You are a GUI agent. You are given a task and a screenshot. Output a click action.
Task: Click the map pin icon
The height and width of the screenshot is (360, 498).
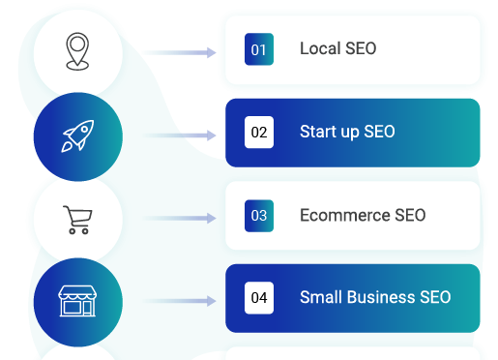coord(77,51)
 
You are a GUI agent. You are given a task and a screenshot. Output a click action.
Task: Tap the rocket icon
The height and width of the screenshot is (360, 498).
coord(78,135)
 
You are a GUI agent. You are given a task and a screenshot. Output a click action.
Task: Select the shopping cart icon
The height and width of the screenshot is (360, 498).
coord(77,220)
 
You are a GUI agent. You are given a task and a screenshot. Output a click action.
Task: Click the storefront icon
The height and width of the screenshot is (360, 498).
coord(77,301)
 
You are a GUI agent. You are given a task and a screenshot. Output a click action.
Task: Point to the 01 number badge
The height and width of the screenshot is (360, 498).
coord(259,49)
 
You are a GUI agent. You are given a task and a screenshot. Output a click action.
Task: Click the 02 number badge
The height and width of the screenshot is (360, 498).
coord(259,133)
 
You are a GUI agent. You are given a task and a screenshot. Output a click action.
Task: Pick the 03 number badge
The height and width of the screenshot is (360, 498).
coord(259,216)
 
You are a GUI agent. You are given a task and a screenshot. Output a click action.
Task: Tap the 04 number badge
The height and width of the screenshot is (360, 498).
coord(259,298)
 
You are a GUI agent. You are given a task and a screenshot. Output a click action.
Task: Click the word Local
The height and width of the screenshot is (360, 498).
coord(320,48)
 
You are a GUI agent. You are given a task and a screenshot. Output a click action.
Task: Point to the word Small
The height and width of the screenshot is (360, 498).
coord(321,297)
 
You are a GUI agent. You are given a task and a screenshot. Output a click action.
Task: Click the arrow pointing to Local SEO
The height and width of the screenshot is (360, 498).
coord(179,52)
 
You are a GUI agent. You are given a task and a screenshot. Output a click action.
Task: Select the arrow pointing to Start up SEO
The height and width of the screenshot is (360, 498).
coord(179,135)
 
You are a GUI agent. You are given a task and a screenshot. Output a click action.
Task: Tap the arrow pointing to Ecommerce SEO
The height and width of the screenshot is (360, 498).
coord(179,219)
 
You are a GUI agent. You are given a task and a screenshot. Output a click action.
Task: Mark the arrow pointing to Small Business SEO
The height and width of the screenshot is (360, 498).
coord(179,301)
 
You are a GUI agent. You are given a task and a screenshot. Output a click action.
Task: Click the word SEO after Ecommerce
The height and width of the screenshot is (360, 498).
coord(410,215)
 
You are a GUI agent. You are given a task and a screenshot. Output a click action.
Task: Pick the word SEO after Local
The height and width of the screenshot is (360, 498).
coord(361,48)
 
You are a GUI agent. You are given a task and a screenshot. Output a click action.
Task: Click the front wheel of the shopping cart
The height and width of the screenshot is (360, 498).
coord(85,231)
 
